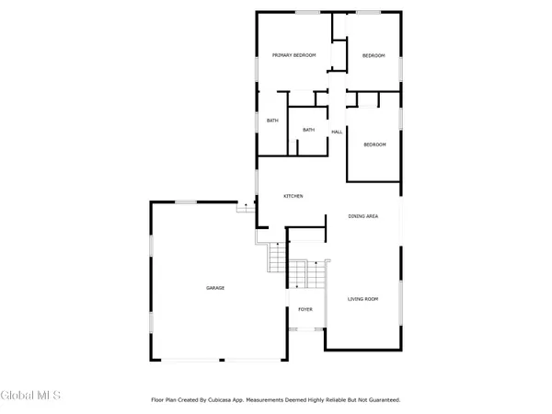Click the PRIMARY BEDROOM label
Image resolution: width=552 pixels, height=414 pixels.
pyautogui.click(x=293, y=56)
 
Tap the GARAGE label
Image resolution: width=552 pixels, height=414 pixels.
pyautogui.click(x=214, y=288)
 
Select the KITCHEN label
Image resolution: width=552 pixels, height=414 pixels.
pyautogui.click(x=293, y=196)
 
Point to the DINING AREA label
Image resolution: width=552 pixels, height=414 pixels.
pyautogui.click(x=363, y=216)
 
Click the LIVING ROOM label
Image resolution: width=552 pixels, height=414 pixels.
pyautogui.click(x=363, y=299)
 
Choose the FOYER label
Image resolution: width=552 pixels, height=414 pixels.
pyautogui.click(x=305, y=309)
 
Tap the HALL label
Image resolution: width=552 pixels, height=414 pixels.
pyautogui.click(x=337, y=132)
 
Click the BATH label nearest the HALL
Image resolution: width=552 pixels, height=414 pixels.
pyautogui.click(x=308, y=130)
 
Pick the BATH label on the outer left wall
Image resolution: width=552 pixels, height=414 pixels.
pyautogui.click(x=272, y=121)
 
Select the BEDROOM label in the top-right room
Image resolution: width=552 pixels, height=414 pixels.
pyautogui.click(x=373, y=56)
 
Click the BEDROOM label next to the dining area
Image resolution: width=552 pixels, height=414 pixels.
pyautogui.click(x=374, y=144)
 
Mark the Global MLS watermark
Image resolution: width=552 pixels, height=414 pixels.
pyautogui.click(x=30, y=396)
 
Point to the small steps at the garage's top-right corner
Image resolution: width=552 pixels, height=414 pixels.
pyautogui.click(x=245, y=208)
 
